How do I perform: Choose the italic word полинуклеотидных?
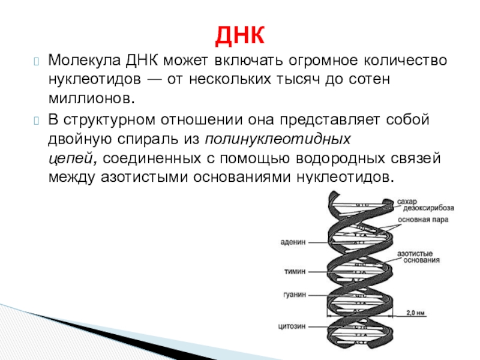tap(278, 140)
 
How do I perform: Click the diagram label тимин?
tap(295, 271)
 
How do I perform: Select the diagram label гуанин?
tap(294, 295)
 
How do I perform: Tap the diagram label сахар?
tap(406, 200)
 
